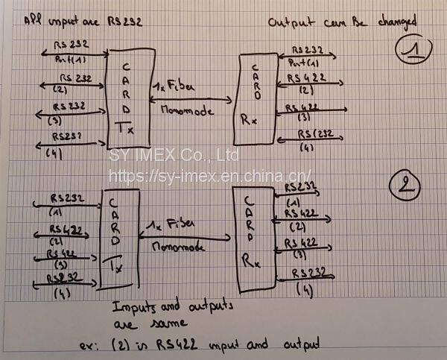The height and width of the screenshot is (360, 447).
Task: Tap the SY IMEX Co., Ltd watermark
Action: (x=174, y=156)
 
